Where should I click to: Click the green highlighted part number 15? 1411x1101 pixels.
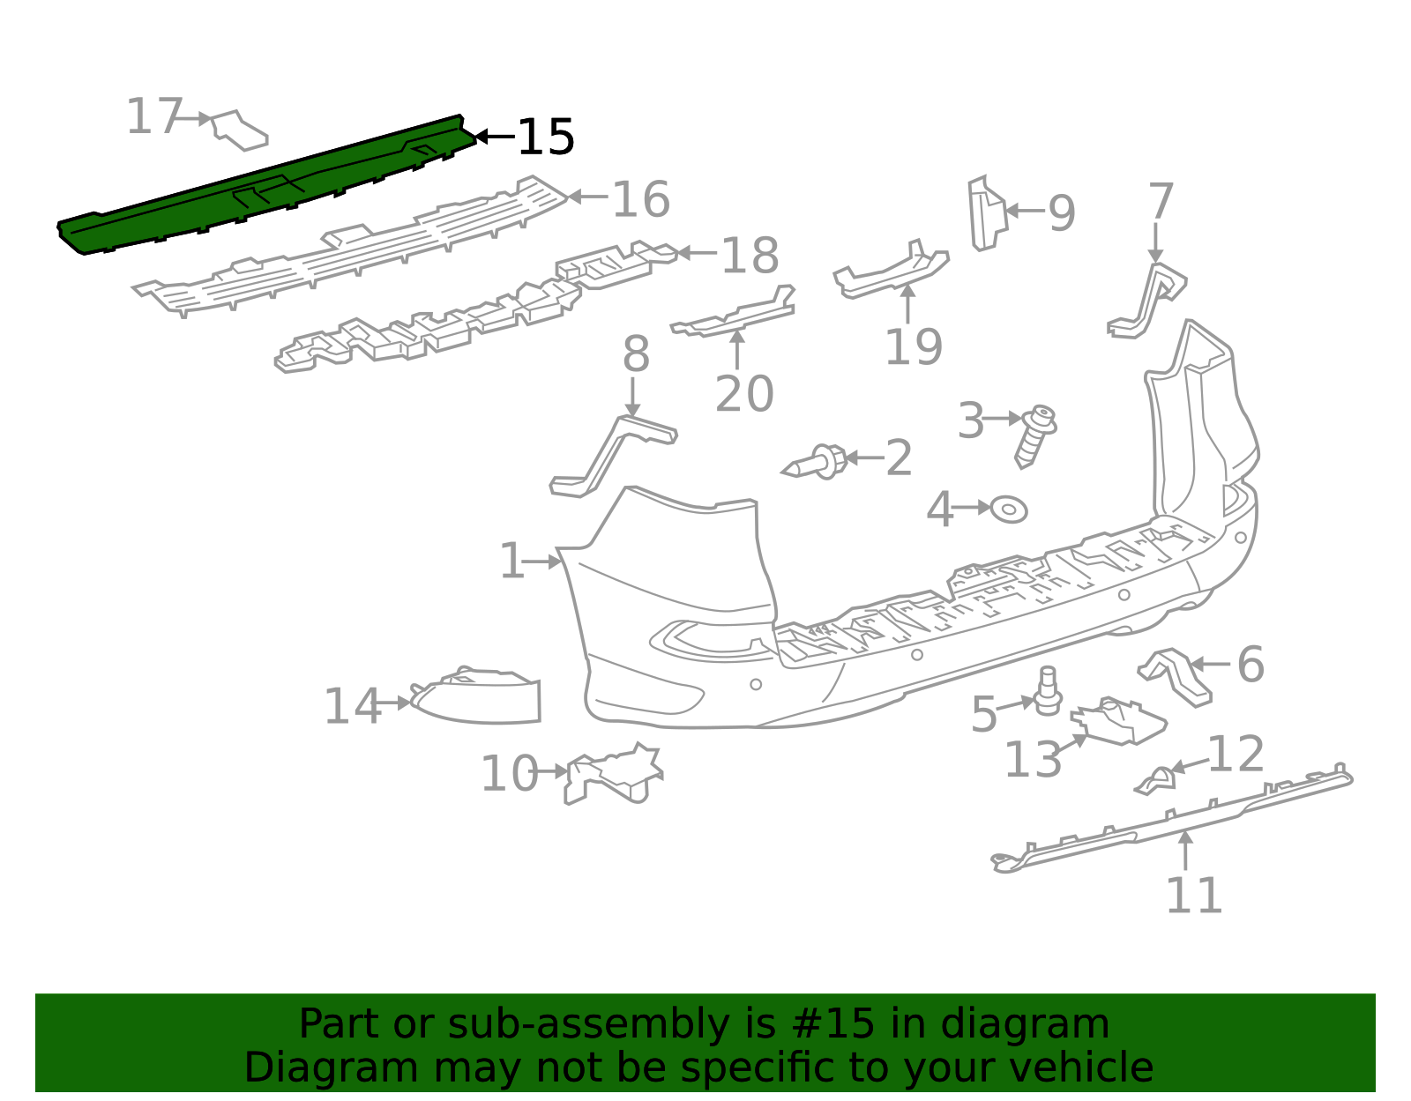click(x=265, y=185)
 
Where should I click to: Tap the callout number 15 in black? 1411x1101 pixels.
click(x=545, y=138)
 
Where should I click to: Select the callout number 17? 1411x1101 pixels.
click(x=153, y=117)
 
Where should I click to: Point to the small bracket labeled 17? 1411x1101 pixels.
click(x=239, y=130)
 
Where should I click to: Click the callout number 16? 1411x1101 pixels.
click(x=640, y=199)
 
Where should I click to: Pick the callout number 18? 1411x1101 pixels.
click(x=750, y=256)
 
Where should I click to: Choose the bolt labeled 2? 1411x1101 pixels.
click(x=817, y=462)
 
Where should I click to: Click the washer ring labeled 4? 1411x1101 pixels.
click(x=1009, y=510)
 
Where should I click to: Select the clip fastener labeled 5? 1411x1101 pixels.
click(x=1048, y=691)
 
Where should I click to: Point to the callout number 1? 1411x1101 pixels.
click(x=511, y=562)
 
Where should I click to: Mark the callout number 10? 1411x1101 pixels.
click(x=509, y=774)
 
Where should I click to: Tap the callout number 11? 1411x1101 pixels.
click(x=1194, y=896)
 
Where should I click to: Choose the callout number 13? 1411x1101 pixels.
click(x=1033, y=760)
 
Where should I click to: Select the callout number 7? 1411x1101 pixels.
click(x=1161, y=202)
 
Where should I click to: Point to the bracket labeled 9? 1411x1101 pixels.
click(x=986, y=214)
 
